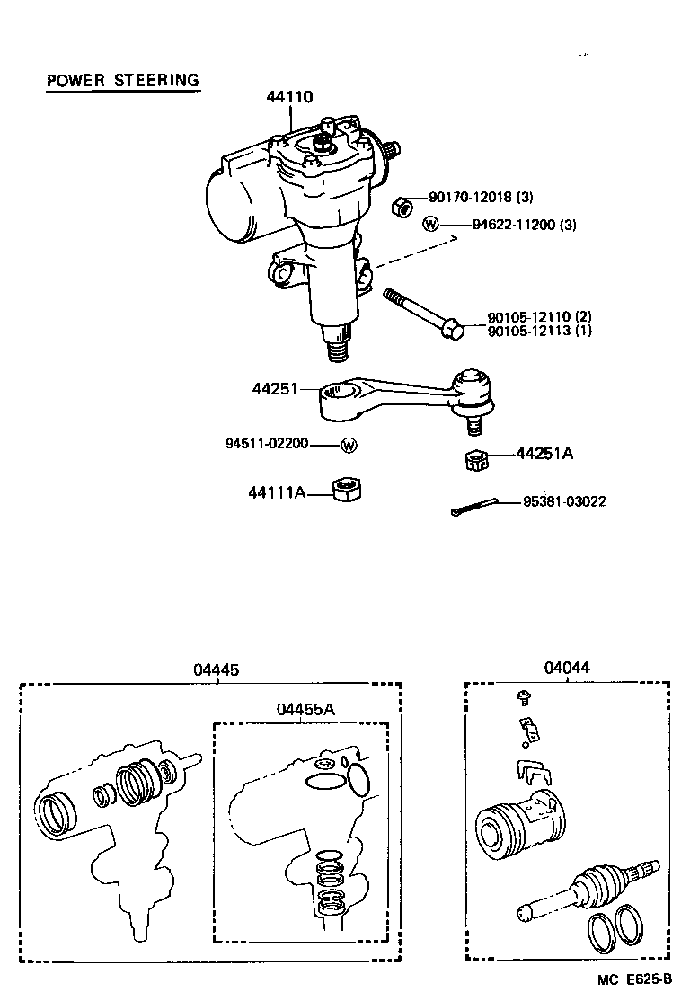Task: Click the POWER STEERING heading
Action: (x=122, y=80)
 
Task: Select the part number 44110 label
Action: (x=288, y=97)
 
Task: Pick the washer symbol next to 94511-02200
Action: (x=349, y=444)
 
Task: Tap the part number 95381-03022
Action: (x=564, y=501)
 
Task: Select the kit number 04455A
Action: (x=305, y=709)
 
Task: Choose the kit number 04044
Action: (x=568, y=668)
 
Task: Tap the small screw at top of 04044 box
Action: (x=523, y=695)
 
